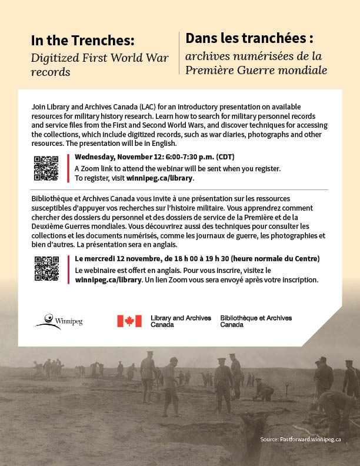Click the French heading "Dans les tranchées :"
click(x=249, y=39)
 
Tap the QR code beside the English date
click(x=46, y=168)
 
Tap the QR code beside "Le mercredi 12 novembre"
click(x=46, y=269)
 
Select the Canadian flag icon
click(x=129, y=321)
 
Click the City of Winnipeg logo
click(x=58, y=321)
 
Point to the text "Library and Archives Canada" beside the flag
click(x=181, y=321)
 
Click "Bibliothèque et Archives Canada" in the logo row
click(x=256, y=321)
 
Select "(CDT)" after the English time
click(x=225, y=157)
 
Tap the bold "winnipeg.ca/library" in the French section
click(x=109, y=280)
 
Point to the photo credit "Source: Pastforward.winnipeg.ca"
click(x=301, y=439)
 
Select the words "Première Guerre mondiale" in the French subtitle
click(x=256, y=71)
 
